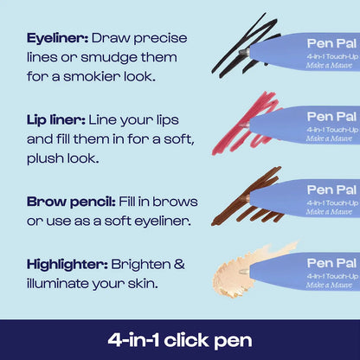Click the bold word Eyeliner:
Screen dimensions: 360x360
pos(57,39)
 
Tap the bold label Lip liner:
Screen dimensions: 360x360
pos(56,120)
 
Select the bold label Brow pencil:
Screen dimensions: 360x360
pos(71,202)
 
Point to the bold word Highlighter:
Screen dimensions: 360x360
pos(67,265)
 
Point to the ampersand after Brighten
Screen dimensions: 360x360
pos(179,264)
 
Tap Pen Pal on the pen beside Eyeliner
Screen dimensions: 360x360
pos(331,43)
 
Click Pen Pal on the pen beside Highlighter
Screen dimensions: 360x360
pos(331,263)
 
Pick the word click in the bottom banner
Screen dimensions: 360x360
pos(187,340)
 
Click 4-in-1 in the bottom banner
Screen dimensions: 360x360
pos(133,340)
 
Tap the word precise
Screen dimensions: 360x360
pos(160,39)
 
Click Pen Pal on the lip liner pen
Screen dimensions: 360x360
pos(331,117)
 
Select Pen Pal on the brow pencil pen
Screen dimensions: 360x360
pos(331,190)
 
